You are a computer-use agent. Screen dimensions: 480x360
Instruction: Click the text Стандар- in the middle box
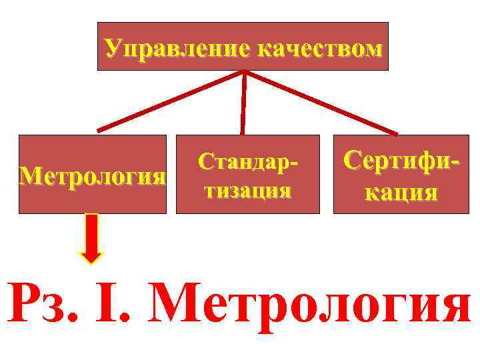[x=247, y=162]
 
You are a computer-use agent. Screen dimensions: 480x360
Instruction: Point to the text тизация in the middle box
[x=247, y=191]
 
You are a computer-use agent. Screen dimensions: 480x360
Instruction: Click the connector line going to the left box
[x=170, y=101]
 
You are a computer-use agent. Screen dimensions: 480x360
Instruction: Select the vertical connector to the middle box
[x=243, y=103]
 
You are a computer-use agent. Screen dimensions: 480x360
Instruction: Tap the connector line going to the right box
[x=320, y=101]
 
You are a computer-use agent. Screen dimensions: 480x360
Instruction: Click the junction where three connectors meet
[x=245, y=72]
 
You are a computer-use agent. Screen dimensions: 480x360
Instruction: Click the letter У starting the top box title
[x=113, y=49]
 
